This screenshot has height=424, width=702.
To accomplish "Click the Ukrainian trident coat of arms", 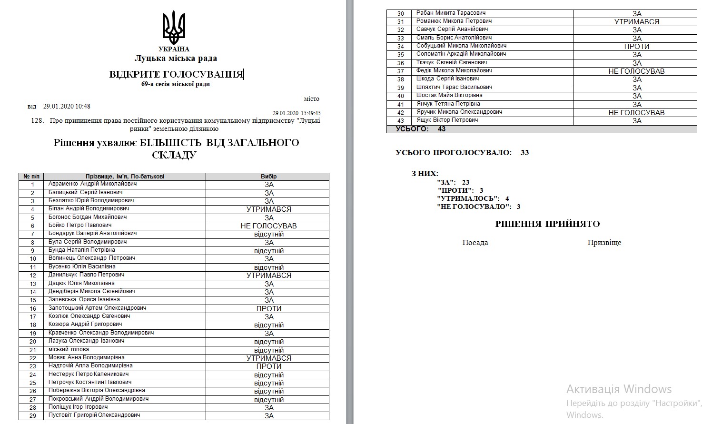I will (174, 28).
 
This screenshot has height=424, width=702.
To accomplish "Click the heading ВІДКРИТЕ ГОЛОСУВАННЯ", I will (176, 74).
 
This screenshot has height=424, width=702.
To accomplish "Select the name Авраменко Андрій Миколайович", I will (93, 184).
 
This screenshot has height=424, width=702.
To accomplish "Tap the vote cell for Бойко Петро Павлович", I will (268, 226).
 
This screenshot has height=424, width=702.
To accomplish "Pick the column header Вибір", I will (268, 177).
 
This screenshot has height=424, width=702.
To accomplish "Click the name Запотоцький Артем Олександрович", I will (97, 308).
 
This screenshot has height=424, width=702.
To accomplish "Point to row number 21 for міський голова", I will (33, 350).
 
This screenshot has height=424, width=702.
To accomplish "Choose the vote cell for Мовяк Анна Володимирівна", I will (268, 358).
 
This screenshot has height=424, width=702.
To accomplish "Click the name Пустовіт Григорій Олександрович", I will (94, 415).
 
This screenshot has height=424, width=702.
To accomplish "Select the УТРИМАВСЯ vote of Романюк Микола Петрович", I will (637, 22).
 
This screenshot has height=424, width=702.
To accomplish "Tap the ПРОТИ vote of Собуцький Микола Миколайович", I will (637, 47).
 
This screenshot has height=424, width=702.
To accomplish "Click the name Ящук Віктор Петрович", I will (447, 120).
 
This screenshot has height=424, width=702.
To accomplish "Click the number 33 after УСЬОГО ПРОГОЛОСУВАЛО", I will (524, 153).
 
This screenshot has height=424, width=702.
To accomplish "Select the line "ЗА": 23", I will (453, 182).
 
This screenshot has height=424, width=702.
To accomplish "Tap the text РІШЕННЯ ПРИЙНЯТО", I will (547, 224).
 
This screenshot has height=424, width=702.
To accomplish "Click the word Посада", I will (475, 243).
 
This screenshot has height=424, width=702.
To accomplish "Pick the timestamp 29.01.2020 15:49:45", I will (297, 113).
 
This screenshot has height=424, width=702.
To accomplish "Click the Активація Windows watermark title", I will (619, 389).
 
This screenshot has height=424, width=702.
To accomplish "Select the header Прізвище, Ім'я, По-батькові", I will (125, 177).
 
